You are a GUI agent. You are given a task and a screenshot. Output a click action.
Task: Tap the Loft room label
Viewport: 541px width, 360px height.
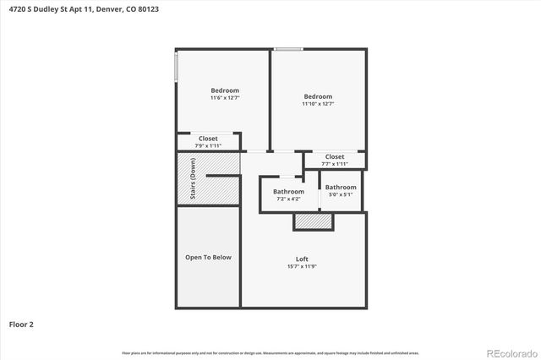click(x=302, y=259)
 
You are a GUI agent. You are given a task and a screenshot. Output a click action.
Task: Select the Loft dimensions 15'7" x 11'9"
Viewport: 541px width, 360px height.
click(x=302, y=266)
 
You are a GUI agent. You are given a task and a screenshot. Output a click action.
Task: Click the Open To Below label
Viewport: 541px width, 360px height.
click(x=208, y=257)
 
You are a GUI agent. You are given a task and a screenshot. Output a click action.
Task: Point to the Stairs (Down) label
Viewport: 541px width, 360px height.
click(x=193, y=178)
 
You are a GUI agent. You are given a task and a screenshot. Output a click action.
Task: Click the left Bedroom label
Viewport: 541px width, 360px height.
click(x=225, y=90)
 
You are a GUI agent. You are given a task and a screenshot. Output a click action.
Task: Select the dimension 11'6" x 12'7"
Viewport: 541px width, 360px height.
click(x=225, y=98)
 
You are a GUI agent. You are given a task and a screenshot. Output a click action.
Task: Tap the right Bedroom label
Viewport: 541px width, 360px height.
click(x=318, y=96)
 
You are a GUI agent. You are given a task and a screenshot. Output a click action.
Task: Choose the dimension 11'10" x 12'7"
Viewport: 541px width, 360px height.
click(x=318, y=104)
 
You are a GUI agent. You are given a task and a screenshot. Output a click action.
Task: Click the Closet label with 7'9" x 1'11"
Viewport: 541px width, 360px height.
click(x=208, y=139)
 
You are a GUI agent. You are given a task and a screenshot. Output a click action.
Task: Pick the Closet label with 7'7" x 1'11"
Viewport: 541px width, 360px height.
click(x=335, y=156)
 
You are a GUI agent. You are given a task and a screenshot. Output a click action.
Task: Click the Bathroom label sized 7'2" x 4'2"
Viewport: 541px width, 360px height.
click(x=288, y=192)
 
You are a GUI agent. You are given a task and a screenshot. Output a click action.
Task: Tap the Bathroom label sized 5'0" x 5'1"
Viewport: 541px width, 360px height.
click(x=341, y=187)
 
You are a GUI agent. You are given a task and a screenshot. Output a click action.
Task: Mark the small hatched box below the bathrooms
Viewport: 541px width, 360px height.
click(x=314, y=221)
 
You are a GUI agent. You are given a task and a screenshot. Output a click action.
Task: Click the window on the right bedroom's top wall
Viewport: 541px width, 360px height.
click(x=289, y=49)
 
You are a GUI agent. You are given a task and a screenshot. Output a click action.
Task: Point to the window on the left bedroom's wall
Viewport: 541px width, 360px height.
click(x=177, y=68)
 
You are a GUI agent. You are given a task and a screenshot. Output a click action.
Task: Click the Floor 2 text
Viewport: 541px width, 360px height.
click(x=22, y=324)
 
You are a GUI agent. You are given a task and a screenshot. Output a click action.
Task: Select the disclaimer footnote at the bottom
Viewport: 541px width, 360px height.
click(x=270, y=352)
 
